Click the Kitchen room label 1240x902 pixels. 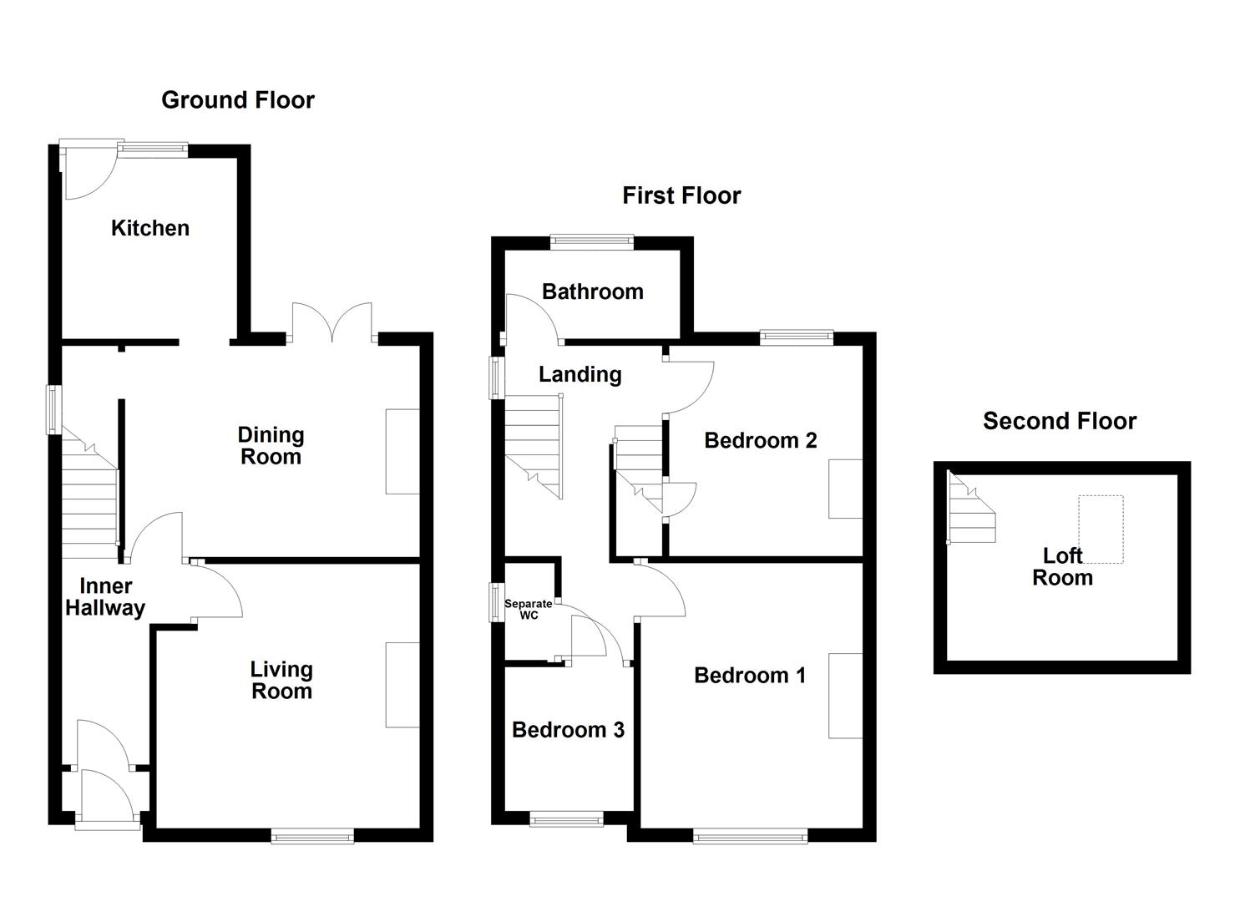(150, 228)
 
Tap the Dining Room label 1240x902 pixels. (271, 445)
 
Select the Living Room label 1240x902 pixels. (281, 680)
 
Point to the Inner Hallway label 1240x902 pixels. (105, 597)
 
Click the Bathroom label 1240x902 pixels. (593, 291)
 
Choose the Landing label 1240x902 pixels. (580, 374)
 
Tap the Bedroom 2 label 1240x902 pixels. (760, 440)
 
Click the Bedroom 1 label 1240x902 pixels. (750, 675)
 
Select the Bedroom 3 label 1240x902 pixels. (568, 730)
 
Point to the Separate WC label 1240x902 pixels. (529, 610)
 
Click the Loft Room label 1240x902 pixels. (1062, 566)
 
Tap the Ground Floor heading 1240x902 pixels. (238, 100)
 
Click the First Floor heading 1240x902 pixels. (681, 195)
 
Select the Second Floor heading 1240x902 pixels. (1059, 421)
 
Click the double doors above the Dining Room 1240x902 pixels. (332, 324)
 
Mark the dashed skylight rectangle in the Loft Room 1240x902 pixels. (1101, 528)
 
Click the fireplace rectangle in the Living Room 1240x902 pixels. (402, 685)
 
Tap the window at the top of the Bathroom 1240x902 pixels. (592, 242)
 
